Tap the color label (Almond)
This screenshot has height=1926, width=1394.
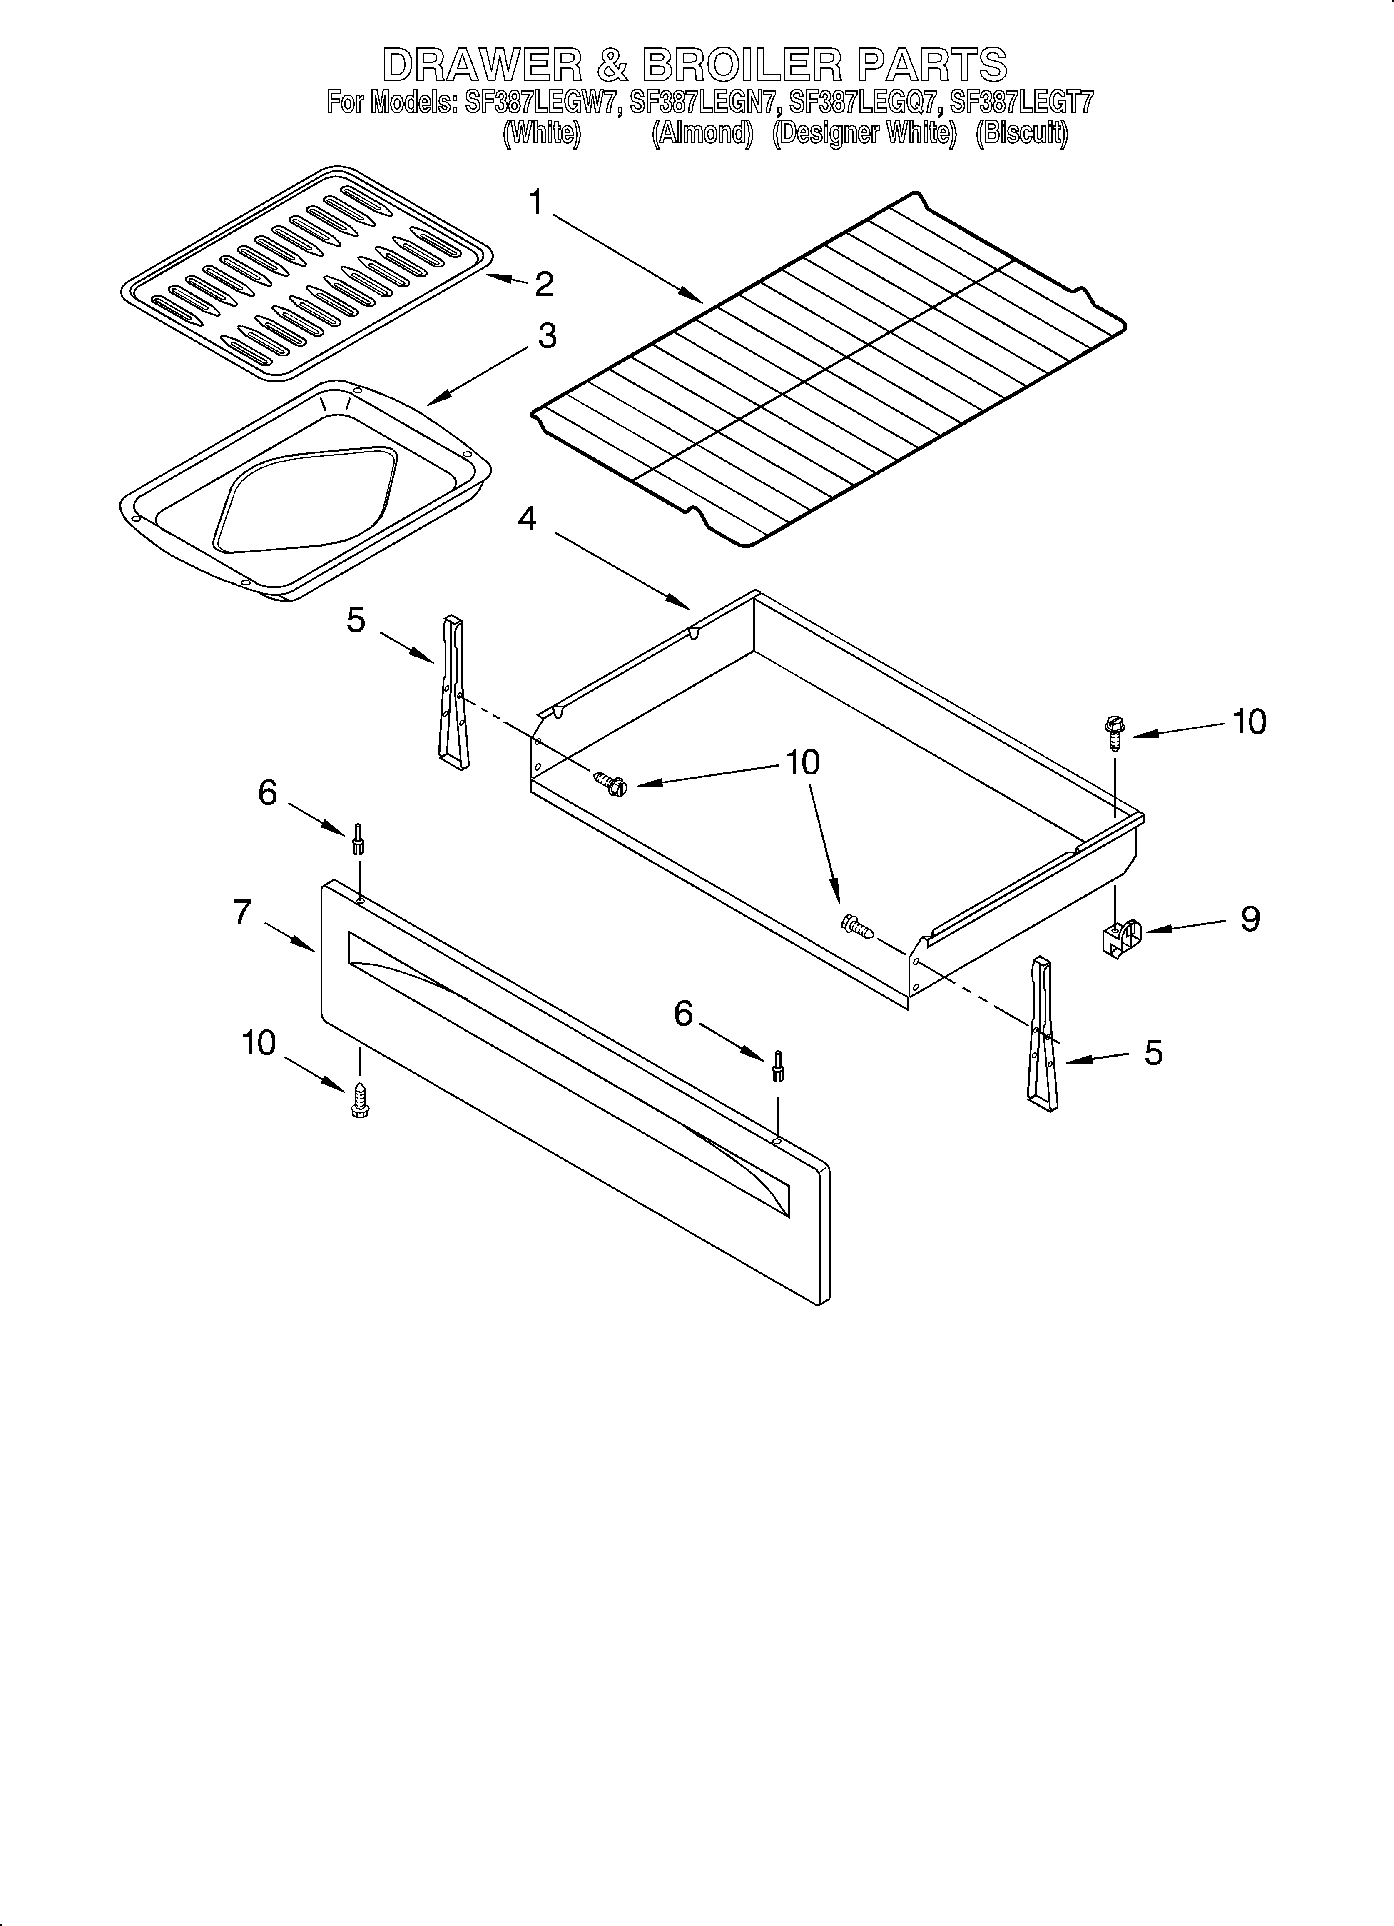702,134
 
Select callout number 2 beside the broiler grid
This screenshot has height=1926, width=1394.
543,284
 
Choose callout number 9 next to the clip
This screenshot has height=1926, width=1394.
1250,919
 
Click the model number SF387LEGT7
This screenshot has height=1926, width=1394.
1021,104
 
